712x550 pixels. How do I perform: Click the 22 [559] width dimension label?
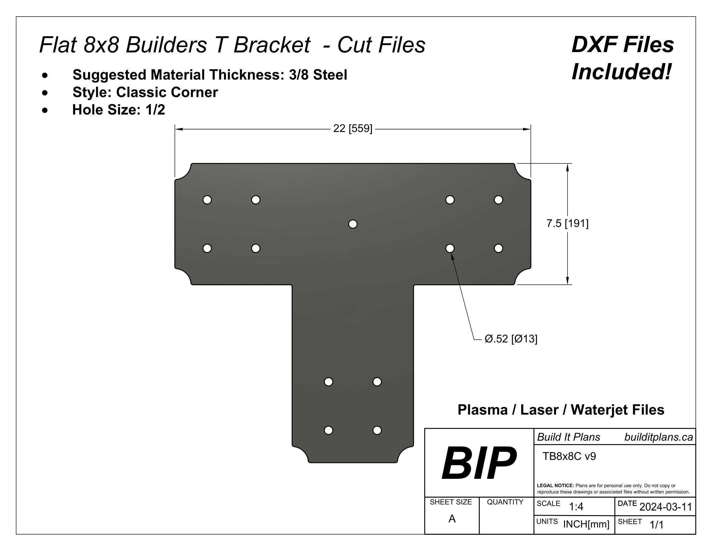coord(352,129)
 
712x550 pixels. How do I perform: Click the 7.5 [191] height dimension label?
coord(567,224)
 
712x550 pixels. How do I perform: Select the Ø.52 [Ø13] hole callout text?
coord(511,339)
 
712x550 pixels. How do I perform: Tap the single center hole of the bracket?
coord(353,224)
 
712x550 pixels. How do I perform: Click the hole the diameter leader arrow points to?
coord(450,248)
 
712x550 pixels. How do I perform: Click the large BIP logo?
coord(478,463)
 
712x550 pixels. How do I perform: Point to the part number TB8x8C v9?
coord(569,456)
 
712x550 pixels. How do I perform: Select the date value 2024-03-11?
coord(665,507)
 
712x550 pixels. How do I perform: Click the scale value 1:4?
coord(576,507)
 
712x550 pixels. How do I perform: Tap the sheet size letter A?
coord(452,519)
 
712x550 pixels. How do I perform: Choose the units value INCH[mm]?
coord(586,524)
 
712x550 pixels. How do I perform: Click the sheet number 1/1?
coord(657,524)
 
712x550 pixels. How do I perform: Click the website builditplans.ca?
coord(659,437)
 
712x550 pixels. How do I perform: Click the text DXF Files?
coord(623,45)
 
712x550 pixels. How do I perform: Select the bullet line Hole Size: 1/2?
coord(119,110)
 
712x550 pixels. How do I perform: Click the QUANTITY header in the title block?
coord(505,502)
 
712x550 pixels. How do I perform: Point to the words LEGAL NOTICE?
coord(555,486)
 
